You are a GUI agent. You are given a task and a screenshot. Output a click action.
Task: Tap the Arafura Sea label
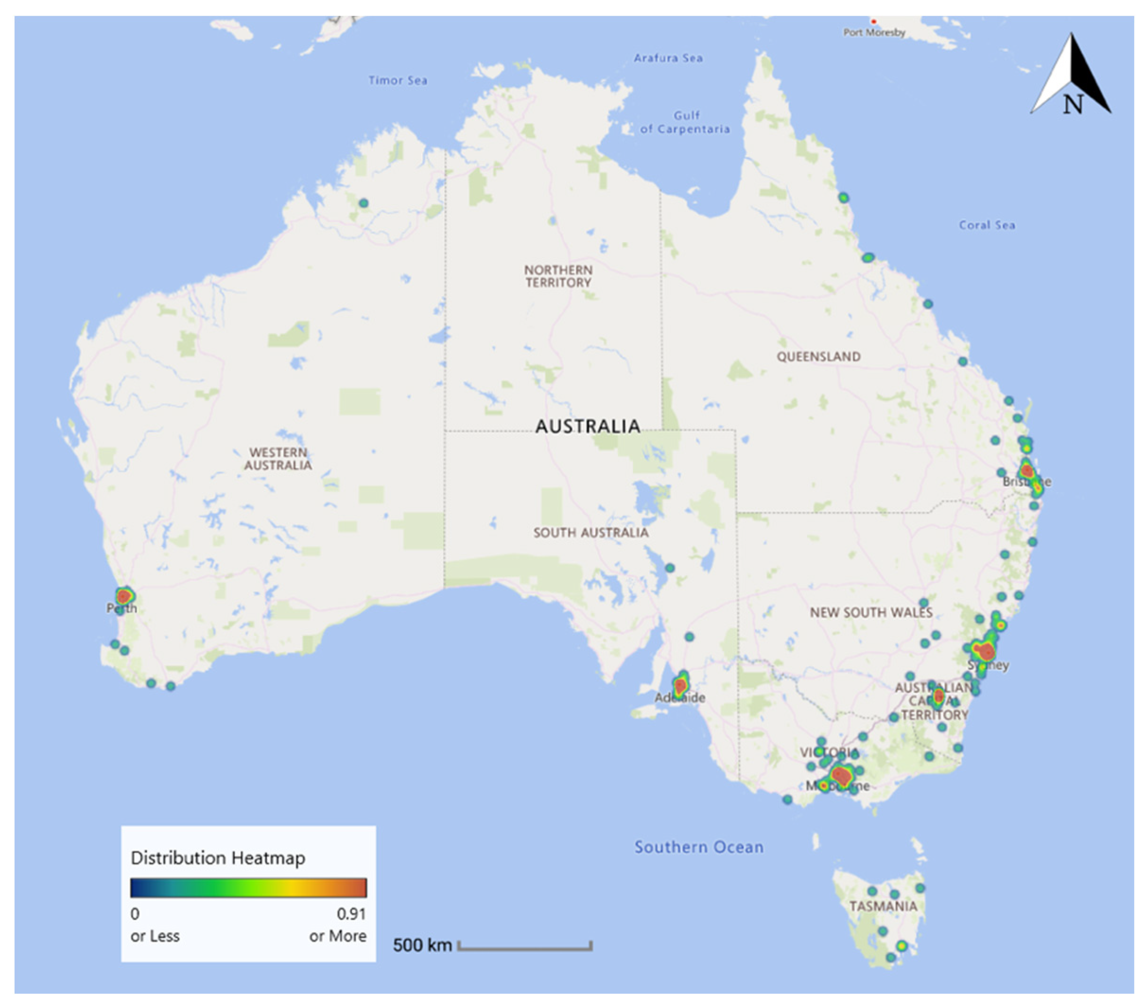tap(668, 58)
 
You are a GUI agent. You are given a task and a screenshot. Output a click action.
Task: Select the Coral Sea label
tap(987, 225)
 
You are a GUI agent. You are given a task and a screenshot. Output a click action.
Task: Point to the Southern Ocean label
tap(699, 847)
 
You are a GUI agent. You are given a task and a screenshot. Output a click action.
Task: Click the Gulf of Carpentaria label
tap(685, 122)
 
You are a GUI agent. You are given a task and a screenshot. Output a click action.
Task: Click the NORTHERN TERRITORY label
tap(558, 277)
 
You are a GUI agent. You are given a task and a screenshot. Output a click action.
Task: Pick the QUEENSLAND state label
tap(818, 356)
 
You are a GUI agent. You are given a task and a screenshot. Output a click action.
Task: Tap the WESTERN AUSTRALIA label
tap(278, 459)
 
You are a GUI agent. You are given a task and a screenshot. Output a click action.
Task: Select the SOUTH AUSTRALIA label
tap(590, 532)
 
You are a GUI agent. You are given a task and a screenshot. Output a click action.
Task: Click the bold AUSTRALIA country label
tap(588, 426)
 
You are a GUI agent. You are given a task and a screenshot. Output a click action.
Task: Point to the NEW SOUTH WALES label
tap(871, 613)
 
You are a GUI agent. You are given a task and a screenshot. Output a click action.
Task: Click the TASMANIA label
tap(883, 906)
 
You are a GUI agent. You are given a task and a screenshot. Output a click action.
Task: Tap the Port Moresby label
tap(874, 33)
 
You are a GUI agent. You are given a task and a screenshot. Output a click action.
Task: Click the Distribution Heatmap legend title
tap(218, 858)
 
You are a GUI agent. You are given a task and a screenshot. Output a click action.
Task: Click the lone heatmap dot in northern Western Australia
tap(364, 203)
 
